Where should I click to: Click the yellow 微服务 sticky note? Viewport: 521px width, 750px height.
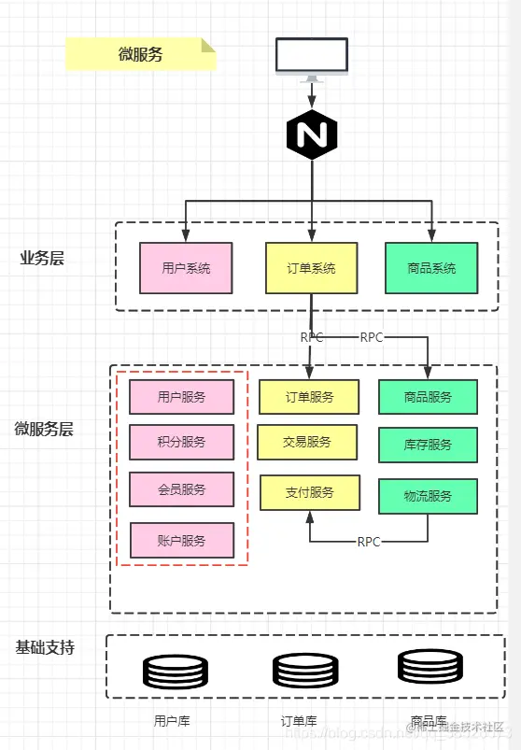[141, 54]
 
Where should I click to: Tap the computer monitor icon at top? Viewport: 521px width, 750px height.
[312, 57]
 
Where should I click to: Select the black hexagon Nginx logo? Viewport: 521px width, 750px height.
[312, 136]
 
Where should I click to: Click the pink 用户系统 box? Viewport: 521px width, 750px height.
[186, 269]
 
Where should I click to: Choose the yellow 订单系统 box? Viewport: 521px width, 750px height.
[312, 269]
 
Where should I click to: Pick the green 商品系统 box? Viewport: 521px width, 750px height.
[431, 269]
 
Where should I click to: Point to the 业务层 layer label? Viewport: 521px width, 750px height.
[42, 259]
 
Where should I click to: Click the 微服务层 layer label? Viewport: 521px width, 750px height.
[44, 430]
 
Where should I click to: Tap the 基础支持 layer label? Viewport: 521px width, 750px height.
[45, 647]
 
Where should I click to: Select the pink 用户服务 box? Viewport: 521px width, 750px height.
[181, 397]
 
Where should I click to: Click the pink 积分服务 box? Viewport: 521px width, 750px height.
[181, 442]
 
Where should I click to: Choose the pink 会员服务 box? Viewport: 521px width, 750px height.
[181, 489]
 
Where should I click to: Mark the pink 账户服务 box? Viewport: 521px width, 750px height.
[181, 540]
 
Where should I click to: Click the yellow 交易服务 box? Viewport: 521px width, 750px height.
[307, 442]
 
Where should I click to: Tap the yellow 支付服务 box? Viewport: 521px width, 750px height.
[309, 492]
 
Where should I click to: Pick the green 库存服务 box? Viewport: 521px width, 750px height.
[428, 445]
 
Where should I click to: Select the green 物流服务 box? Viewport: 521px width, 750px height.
[428, 496]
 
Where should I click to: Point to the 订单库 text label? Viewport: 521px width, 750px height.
[299, 721]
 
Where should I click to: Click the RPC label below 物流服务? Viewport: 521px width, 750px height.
[369, 542]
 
